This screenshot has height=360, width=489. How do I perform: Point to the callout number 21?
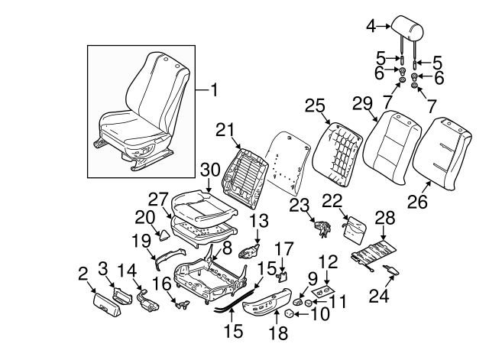[224, 131]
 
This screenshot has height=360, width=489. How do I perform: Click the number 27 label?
[157, 200]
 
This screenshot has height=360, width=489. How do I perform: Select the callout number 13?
[260, 222]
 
